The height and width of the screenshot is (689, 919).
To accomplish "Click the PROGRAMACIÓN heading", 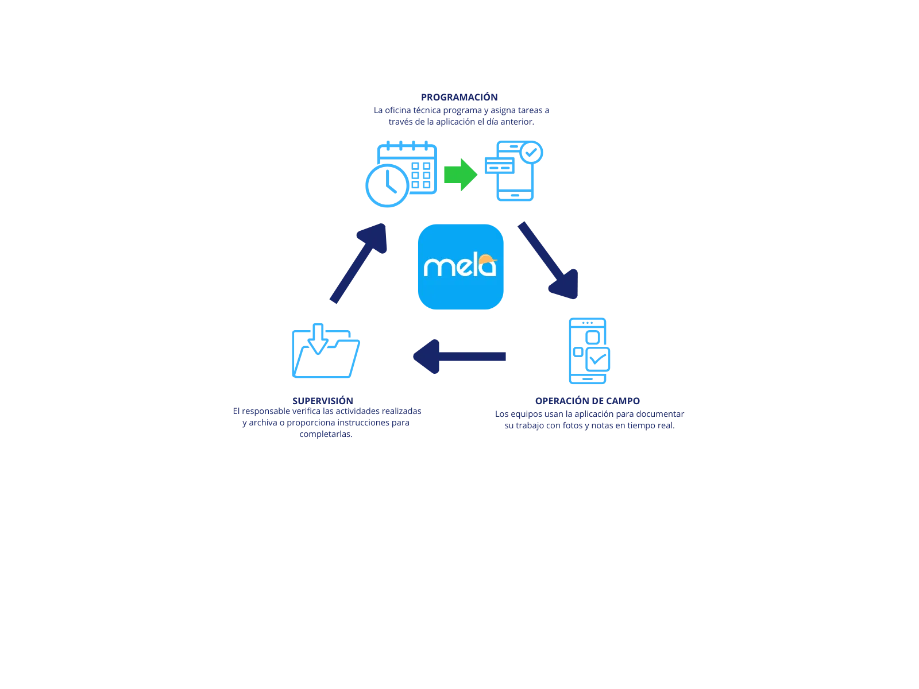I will (459, 96).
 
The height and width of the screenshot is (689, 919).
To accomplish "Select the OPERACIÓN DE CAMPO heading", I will (588, 400).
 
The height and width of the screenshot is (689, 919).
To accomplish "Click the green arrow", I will (460, 174).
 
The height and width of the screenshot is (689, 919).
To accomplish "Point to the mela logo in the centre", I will (459, 267).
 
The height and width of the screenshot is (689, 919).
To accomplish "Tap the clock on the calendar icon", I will (386, 185).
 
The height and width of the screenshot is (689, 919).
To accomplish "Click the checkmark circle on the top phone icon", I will (532, 152).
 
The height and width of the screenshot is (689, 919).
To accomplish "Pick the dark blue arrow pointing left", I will (459, 357).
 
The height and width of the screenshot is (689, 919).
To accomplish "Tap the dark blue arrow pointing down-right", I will (549, 261).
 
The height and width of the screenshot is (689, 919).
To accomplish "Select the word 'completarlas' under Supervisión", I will (326, 435).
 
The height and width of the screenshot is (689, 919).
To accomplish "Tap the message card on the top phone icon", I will (499, 165).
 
